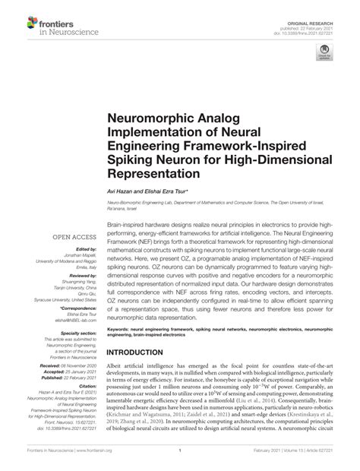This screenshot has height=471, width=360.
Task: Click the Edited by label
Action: coord(86,227)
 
